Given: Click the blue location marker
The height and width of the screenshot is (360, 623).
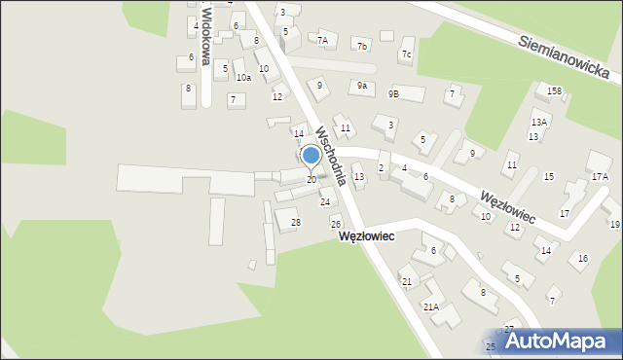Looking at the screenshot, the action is (311, 155).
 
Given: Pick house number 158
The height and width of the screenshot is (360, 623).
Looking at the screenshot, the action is (554, 91).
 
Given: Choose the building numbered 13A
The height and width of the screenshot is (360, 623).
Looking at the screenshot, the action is (538, 122).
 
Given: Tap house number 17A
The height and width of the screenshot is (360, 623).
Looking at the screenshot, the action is (600, 177).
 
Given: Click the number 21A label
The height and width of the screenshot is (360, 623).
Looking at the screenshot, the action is (430, 306).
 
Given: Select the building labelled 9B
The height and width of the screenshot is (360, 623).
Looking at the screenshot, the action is (393, 94).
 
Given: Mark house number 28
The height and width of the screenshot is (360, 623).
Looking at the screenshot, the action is (296, 223).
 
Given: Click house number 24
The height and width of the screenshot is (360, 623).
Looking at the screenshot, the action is (325, 202).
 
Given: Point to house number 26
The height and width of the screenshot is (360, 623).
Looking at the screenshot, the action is (335, 225).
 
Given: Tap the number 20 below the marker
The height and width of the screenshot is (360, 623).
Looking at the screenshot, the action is (311, 180).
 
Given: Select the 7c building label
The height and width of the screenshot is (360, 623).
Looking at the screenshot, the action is (405, 54).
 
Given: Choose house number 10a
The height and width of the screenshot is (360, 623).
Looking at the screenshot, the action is (243, 77).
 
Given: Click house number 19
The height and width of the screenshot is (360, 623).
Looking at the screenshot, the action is (614, 225).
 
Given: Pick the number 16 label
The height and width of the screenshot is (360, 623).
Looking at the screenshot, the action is (582, 258).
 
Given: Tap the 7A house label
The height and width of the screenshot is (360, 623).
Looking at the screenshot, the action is (322, 41).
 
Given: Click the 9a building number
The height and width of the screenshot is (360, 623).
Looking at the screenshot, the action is (362, 86).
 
